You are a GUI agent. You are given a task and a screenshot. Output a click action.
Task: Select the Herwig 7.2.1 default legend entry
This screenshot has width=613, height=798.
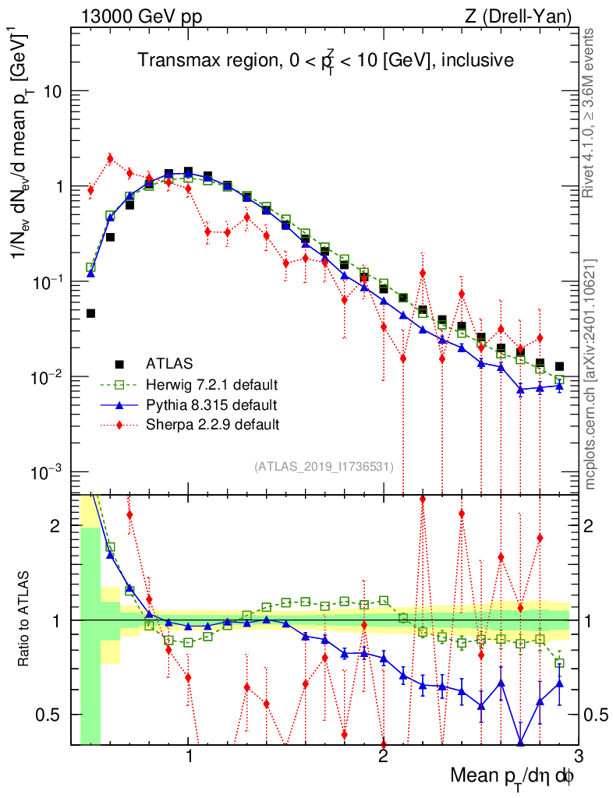(x=211, y=384)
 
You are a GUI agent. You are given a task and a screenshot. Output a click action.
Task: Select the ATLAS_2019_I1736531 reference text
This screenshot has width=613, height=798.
(x=324, y=467)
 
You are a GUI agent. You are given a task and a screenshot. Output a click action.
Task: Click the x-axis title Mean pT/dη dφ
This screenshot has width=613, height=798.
(x=512, y=775)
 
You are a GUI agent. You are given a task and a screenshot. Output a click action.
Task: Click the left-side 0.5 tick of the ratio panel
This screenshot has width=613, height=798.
(x=57, y=715)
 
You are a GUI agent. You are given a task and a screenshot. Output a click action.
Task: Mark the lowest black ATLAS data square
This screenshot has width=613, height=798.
(x=90, y=313)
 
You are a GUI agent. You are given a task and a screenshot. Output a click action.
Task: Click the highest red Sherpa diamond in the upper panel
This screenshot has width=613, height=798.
(x=110, y=158)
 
